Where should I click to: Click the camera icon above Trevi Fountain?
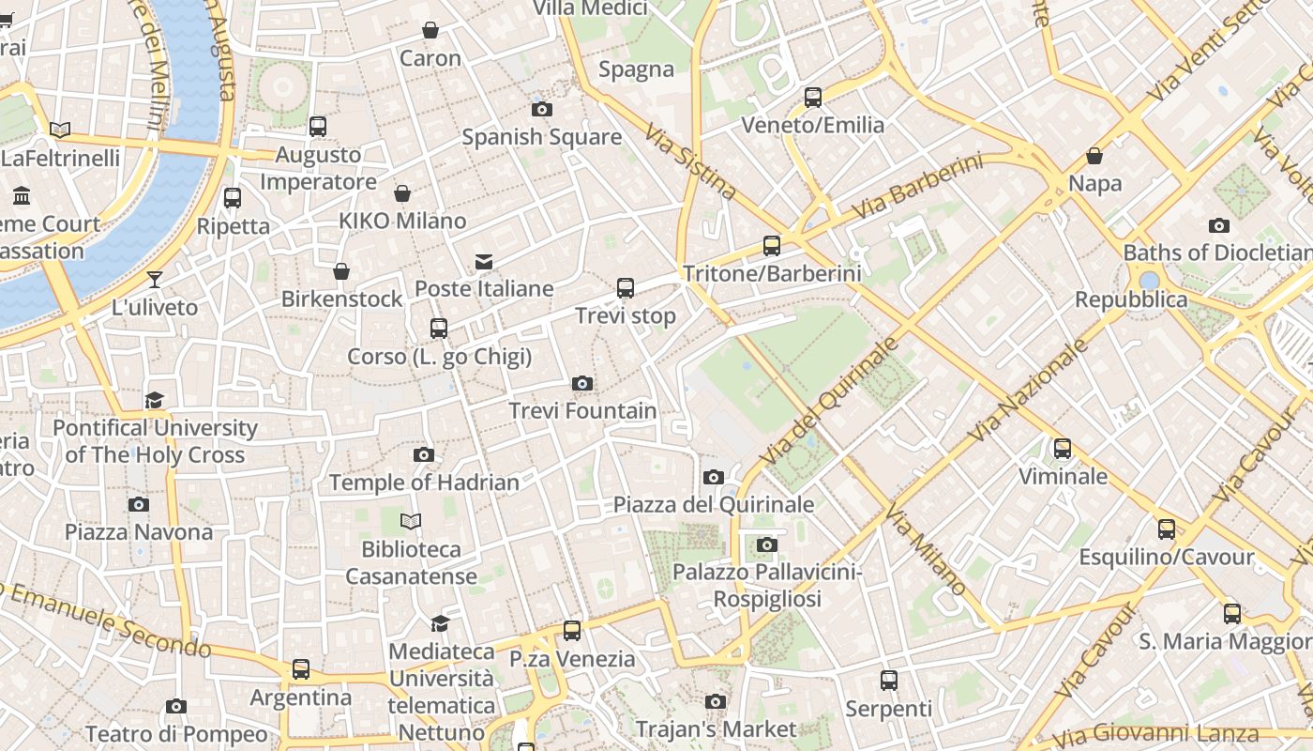582,383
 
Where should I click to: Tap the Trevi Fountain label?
582,411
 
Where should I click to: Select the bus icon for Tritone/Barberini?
772,246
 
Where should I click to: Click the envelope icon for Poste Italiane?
484,261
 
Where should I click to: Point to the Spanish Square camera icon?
541,109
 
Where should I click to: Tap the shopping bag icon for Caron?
430,31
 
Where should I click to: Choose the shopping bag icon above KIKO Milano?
402,193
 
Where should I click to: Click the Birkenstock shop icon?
341,271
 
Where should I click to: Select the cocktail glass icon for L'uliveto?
155,280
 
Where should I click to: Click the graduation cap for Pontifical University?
155,401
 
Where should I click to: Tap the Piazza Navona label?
139,532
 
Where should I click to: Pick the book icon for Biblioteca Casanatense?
411,521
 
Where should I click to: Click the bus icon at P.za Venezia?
572,631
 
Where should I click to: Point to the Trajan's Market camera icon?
716,701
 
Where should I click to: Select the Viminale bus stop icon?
1063,449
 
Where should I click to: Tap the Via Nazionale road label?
1029,390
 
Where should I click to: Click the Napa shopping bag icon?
1094,156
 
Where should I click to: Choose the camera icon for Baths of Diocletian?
1219,225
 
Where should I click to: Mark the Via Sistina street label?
691,161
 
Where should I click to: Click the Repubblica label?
1131,300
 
